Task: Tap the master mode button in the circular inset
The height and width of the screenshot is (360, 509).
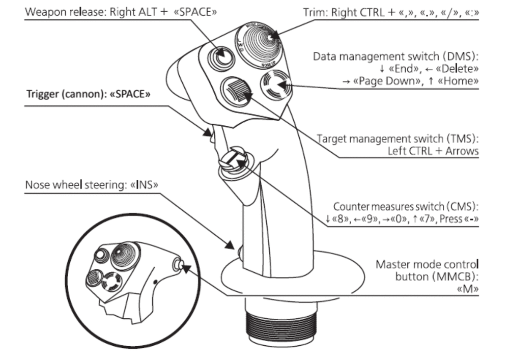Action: click(178, 264)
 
